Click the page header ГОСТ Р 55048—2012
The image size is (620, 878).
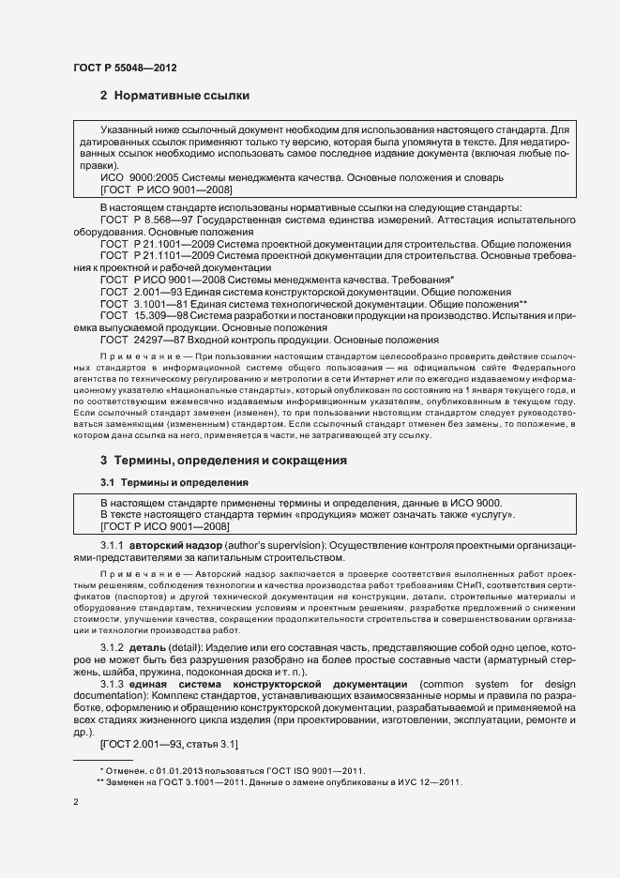pyautogui.click(x=124, y=69)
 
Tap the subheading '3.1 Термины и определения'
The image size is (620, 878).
pyautogui.click(x=174, y=482)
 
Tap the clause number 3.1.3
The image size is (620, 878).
pyautogui.click(x=113, y=685)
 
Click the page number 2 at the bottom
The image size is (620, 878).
pyautogui.click(x=76, y=804)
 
